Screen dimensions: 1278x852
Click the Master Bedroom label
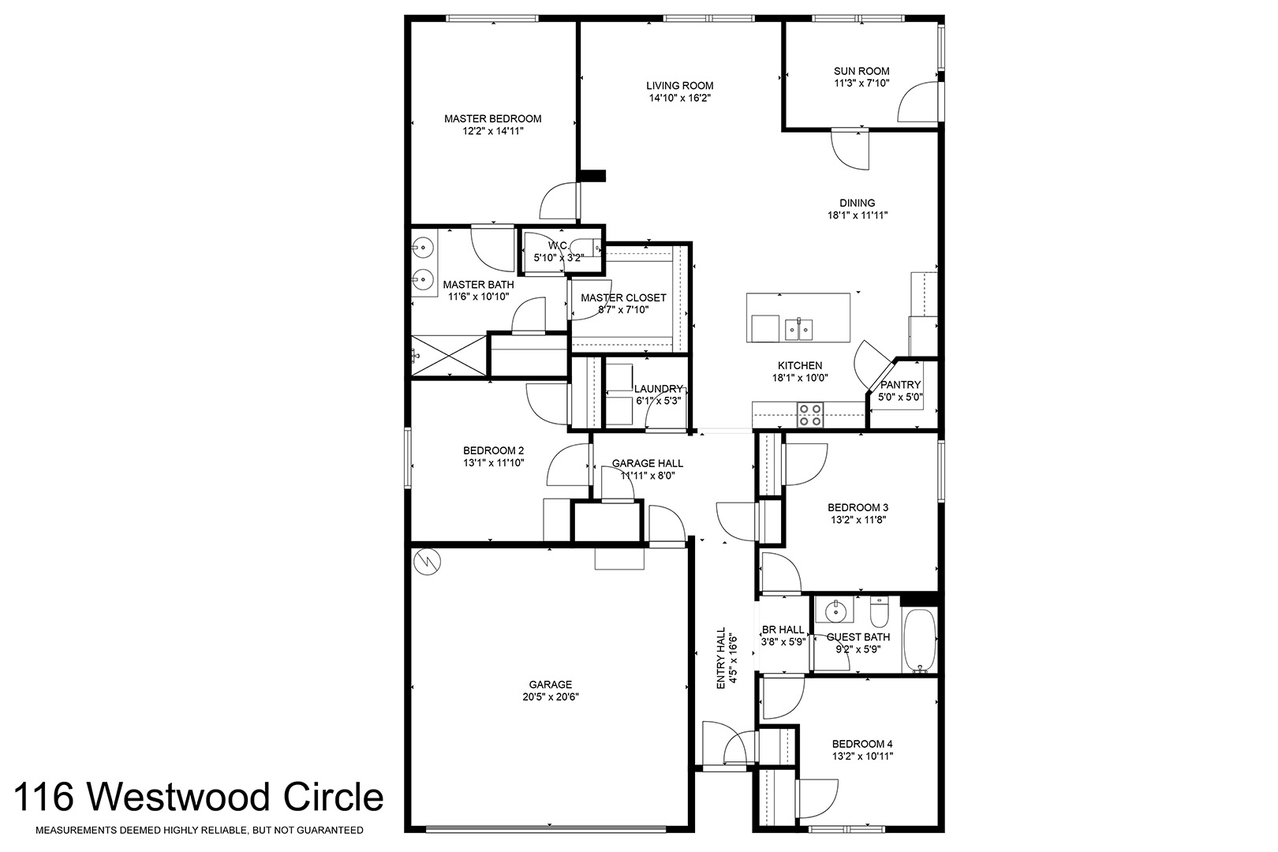pyautogui.click(x=493, y=118)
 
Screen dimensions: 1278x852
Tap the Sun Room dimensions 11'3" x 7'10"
pyautogui.click(x=861, y=84)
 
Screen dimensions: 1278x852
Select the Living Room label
pyautogui.click(x=679, y=86)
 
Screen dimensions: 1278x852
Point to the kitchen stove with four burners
pyautogui.click(x=810, y=415)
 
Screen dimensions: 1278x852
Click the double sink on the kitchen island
pyautogui.click(x=798, y=329)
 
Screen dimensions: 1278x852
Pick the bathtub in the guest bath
pyautogui.click(x=920, y=641)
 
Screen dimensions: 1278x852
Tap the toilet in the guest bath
pyautogui.click(x=879, y=612)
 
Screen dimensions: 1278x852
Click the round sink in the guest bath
pyautogui.click(x=835, y=611)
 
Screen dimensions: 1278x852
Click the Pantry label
pyautogui.click(x=900, y=385)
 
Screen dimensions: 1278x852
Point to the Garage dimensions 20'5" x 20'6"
pyautogui.click(x=551, y=697)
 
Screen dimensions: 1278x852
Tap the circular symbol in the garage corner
pyautogui.click(x=427, y=562)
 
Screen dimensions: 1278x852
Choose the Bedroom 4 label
pyautogui.click(x=862, y=744)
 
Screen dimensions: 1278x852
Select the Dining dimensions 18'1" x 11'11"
pyautogui.click(x=858, y=215)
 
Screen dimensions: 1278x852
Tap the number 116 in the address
pyautogui.click(x=44, y=798)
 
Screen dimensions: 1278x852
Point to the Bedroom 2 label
pyautogui.click(x=494, y=450)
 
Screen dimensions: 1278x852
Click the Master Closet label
pyautogui.click(x=623, y=298)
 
